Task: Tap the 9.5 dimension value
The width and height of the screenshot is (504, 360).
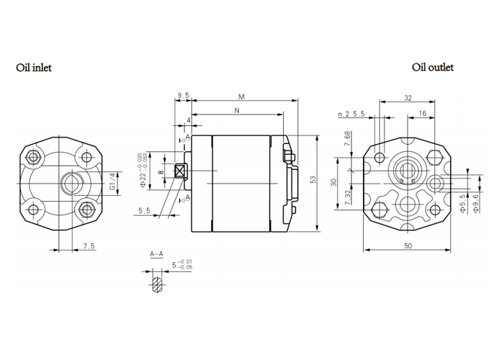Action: (183, 95)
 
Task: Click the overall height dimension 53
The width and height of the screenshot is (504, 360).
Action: (313, 179)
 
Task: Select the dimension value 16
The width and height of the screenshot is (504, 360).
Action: (422, 114)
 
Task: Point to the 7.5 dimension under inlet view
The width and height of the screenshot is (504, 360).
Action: (89, 246)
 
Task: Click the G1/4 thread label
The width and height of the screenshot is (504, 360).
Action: (112, 181)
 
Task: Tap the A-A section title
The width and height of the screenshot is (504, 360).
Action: (156, 254)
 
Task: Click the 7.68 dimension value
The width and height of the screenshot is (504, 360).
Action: (348, 139)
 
